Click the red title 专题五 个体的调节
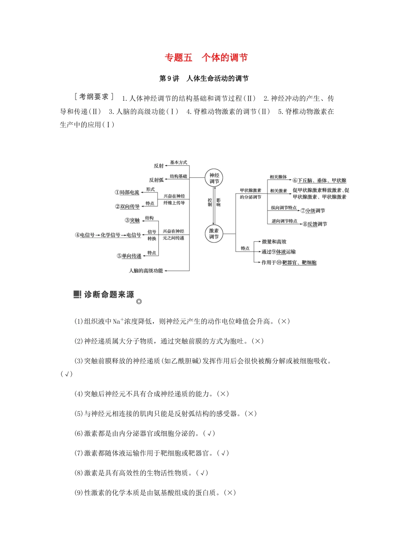pyautogui.click(x=206, y=58)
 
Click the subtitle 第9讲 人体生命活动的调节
pyautogui.click(x=204, y=78)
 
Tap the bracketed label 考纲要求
pyautogui.click(x=94, y=97)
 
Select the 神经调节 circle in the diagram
pyautogui.click(x=214, y=178)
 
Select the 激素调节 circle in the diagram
pyautogui.click(x=214, y=234)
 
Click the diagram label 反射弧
pyautogui.click(x=156, y=180)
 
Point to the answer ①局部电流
pyautogui.click(x=127, y=192)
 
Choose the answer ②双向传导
pyautogui.click(x=127, y=206)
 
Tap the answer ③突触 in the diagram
pyautogui.click(x=132, y=220)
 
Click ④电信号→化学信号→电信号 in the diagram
pyautogui.click(x=108, y=235)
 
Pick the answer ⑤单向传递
pyautogui.click(x=129, y=256)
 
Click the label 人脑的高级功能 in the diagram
pyautogui.click(x=146, y=271)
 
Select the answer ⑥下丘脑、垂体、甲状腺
pyautogui.click(x=319, y=180)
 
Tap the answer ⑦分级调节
pyautogui.click(x=313, y=211)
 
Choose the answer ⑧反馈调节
pyautogui.click(x=315, y=224)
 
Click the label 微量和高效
pyautogui.click(x=274, y=242)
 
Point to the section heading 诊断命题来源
pyautogui.click(x=109, y=295)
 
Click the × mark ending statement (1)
pyautogui.click(x=284, y=321)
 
